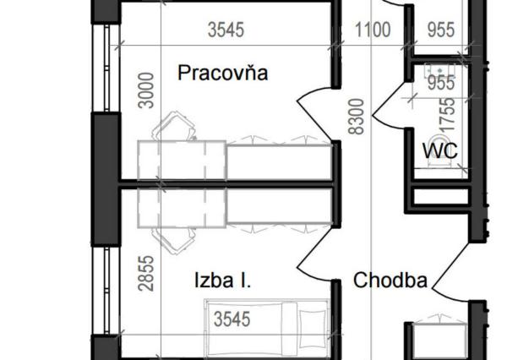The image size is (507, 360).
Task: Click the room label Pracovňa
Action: [222, 74]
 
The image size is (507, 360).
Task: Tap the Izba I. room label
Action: [222, 280]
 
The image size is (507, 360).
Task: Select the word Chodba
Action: [390, 280]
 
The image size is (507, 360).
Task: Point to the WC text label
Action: [440, 151]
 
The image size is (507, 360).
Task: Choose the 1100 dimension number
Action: [372, 30]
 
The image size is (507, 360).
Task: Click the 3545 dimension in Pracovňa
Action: [226, 30]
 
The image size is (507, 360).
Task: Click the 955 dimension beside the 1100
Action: [439, 30]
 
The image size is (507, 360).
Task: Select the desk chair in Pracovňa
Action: [175, 128]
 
